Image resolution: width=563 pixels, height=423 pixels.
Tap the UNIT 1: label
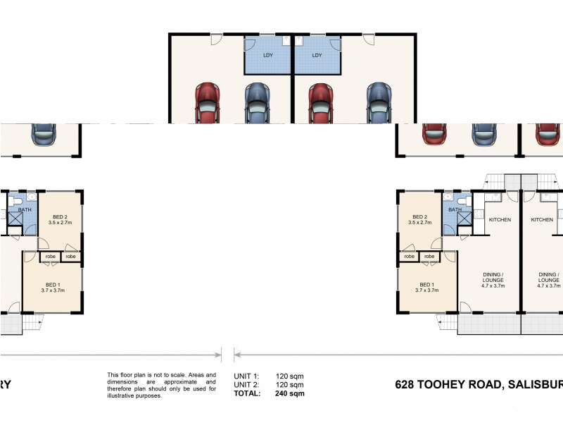click(246, 376)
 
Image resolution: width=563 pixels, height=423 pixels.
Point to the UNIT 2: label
click(246, 385)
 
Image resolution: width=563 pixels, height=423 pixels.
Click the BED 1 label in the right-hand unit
click(427, 284)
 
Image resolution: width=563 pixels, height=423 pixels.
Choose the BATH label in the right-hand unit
click(455, 209)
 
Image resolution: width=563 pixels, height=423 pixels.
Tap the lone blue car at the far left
click(43, 134)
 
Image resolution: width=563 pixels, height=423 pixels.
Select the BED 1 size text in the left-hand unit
click(53, 290)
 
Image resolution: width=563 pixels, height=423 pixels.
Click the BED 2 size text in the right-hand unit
click(421, 223)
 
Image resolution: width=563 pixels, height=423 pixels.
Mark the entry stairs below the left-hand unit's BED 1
click(32, 323)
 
